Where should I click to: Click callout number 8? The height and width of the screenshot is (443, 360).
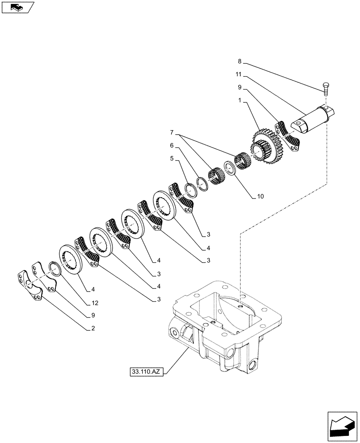click(240, 62)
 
